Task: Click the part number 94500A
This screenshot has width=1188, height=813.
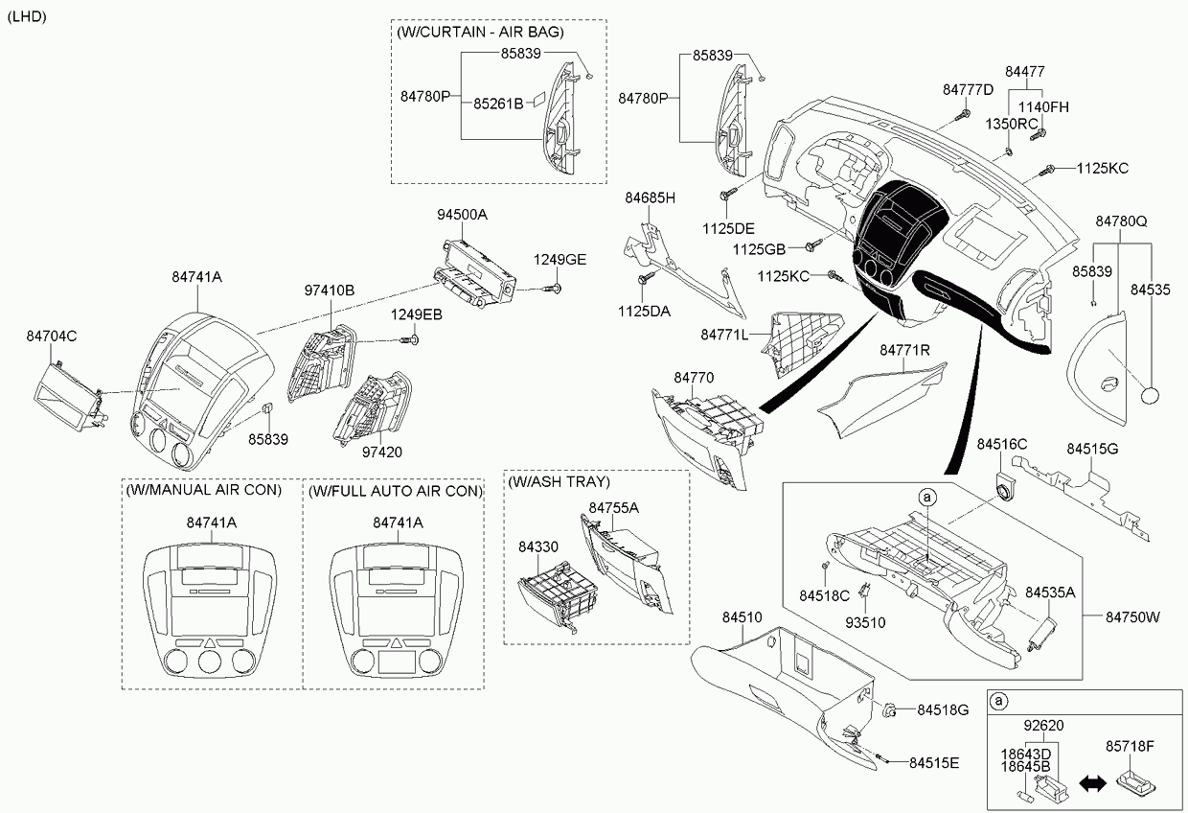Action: pyautogui.click(x=463, y=215)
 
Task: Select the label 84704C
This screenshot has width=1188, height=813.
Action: pyautogui.click(x=52, y=336)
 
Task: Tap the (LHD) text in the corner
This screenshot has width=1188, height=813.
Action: pyautogui.click(x=26, y=17)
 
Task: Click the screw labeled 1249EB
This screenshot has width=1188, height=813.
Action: pyautogui.click(x=414, y=338)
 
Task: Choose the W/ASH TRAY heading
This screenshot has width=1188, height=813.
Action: pyautogui.click(x=560, y=481)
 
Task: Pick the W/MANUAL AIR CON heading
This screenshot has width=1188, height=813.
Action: pyautogui.click(x=203, y=490)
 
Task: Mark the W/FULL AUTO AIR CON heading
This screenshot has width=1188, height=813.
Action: pyautogui.click(x=393, y=490)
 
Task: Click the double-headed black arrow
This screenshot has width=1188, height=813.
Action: pyautogui.click(x=1093, y=783)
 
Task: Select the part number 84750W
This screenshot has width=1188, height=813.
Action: pyautogui.click(x=1133, y=616)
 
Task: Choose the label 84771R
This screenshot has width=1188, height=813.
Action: pyautogui.click(x=904, y=351)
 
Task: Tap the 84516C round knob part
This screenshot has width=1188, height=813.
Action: pyautogui.click(x=1005, y=485)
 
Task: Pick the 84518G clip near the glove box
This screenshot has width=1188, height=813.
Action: pyautogui.click(x=891, y=710)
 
